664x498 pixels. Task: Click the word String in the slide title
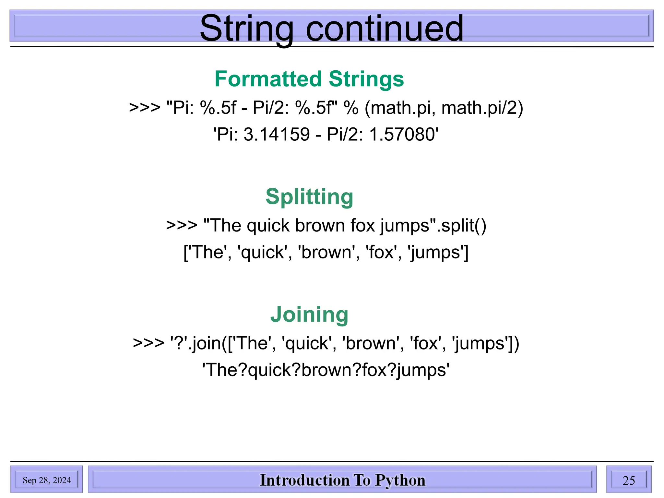[246, 29]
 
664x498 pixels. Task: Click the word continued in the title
[385, 29]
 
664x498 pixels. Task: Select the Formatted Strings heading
[309, 79]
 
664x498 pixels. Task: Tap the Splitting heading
[309, 197]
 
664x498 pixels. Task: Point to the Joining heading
[309, 314]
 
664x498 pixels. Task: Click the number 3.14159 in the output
[277, 134]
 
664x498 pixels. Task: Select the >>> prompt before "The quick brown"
[182, 225]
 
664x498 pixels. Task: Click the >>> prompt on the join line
[148, 343]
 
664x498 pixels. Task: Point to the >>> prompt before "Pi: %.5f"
[145, 108]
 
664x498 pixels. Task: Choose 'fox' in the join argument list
[425, 343]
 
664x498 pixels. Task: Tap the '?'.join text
[196, 343]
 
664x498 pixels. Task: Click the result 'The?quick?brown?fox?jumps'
[326, 370]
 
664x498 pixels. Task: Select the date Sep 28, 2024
[47, 480]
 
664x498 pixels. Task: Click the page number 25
[629, 480]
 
